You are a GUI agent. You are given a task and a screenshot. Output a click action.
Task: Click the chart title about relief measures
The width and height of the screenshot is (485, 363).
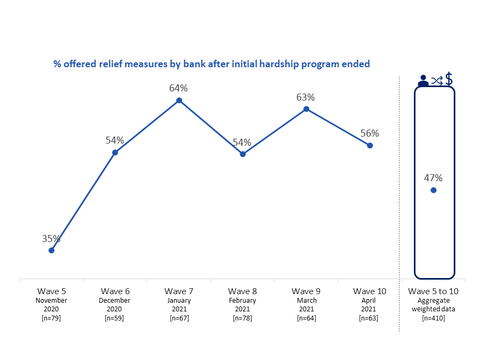click(211, 64)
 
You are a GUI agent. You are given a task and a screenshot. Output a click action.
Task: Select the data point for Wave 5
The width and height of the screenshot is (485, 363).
click(52, 250)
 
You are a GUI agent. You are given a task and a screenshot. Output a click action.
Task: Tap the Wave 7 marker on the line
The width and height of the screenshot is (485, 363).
click(179, 101)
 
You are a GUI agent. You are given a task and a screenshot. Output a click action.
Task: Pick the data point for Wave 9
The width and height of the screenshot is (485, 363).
click(306, 109)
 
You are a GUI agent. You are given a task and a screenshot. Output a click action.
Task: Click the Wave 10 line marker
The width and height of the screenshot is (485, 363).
click(370, 145)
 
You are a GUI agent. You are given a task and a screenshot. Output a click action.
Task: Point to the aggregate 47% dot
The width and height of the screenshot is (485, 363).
click(433, 190)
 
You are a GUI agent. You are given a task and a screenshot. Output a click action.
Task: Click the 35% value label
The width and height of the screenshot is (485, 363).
click(52, 239)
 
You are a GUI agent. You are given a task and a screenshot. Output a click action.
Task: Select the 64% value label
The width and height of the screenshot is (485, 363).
click(178, 88)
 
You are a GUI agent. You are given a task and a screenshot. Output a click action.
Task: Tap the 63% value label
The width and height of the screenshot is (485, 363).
click(306, 97)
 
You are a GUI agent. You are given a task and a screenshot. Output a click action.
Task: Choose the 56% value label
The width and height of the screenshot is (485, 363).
click(370, 133)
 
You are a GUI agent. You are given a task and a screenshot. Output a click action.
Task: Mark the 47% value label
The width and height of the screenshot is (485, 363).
click(433, 177)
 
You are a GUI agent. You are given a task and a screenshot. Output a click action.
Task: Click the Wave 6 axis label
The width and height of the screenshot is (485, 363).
click(115, 291)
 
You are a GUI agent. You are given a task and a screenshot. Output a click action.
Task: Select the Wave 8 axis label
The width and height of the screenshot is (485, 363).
click(242, 291)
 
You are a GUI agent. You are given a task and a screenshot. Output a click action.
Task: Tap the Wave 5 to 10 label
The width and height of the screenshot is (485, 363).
click(433, 291)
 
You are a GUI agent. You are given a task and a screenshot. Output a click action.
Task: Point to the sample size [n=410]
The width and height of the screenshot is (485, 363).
click(433, 318)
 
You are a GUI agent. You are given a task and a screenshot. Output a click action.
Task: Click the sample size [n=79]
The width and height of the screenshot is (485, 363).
click(52, 318)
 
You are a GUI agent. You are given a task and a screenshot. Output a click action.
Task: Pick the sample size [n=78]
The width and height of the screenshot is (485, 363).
click(242, 318)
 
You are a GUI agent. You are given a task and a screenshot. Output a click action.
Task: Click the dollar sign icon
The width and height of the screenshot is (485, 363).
click(449, 79)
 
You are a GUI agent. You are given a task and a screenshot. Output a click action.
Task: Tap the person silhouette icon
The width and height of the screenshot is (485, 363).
click(423, 81)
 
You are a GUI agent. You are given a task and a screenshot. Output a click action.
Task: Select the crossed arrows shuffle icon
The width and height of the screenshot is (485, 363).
click(436, 81)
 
